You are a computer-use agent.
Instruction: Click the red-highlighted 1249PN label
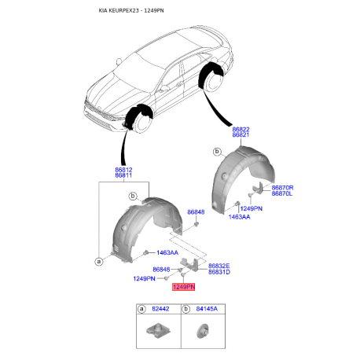(183, 287)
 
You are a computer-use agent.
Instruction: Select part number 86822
(241, 129)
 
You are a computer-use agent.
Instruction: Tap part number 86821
(241, 134)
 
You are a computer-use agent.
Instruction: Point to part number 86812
(123, 170)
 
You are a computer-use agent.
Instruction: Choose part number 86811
(123, 175)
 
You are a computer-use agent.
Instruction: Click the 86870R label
(282, 188)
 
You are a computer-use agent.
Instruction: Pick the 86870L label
(282, 193)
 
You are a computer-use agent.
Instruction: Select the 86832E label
(219, 266)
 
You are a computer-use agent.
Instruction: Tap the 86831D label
(219, 272)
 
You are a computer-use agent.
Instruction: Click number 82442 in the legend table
(160, 309)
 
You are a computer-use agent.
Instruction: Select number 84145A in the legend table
(207, 309)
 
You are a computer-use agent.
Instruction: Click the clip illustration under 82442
(158, 331)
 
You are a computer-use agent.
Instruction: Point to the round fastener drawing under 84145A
(202, 331)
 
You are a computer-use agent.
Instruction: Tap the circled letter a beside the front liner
(99, 261)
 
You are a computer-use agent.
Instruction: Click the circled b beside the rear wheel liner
(217, 152)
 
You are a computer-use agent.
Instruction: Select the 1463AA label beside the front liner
(167, 252)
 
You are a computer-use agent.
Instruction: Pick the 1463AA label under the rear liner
(239, 217)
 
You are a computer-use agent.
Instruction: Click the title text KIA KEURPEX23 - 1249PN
(131, 11)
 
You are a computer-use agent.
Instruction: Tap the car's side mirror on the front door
(164, 89)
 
